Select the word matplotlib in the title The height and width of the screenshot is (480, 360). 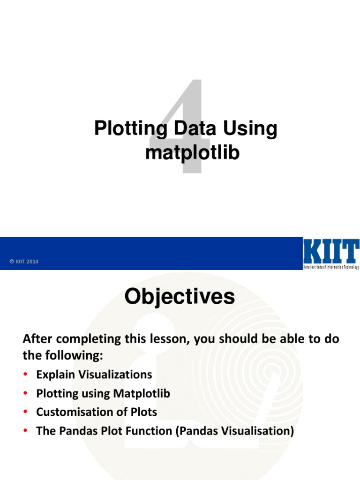(192, 152)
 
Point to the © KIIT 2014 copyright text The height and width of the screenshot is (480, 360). (24, 262)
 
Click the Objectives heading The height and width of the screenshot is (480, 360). (180, 297)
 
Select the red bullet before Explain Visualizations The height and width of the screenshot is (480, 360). (26, 375)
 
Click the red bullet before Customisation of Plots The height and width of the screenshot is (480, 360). (26, 412)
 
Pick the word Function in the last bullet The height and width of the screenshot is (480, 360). (150, 431)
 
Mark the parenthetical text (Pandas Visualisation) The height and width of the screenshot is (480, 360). (235, 431)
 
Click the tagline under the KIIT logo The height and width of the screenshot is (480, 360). (331, 267)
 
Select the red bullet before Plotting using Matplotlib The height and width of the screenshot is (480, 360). (26, 394)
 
